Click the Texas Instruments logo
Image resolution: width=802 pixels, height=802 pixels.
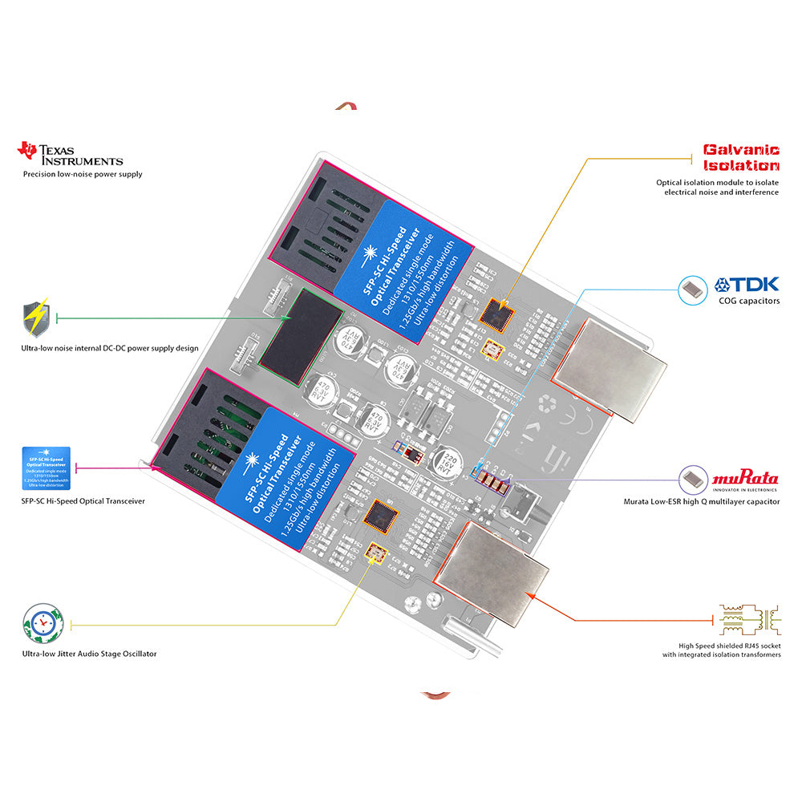[71, 154]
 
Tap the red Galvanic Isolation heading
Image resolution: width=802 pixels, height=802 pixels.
[741, 157]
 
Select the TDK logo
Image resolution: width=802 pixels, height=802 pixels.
[746, 285]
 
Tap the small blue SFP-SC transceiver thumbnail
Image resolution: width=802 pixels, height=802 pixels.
[44, 467]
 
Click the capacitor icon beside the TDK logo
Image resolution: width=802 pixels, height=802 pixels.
[692, 290]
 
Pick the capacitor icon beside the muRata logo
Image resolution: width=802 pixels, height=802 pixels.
[692, 480]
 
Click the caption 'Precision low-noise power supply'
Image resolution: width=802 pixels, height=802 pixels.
[83, 174]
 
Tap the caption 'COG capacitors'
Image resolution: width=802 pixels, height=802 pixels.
[749, 302]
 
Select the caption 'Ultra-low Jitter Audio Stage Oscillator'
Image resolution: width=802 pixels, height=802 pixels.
[90, 654]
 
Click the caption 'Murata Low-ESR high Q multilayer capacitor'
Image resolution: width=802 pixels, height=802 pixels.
[701, 501]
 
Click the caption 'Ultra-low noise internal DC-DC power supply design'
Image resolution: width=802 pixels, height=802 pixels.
[110, 348]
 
